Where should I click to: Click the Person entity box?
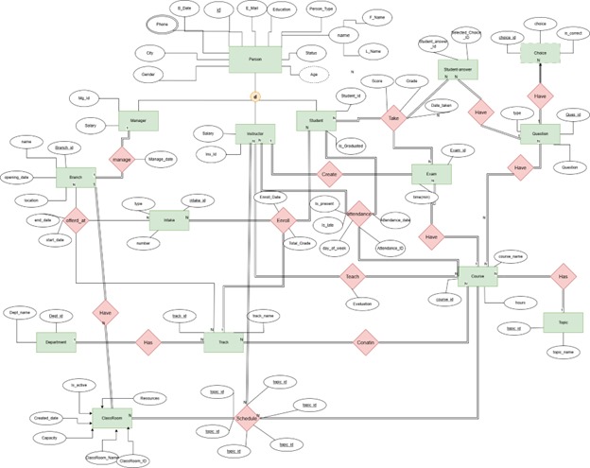pos(255,60)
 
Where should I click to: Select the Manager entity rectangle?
pos(135,121)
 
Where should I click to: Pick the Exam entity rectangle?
pos(431,176)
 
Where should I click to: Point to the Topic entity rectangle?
pos(562,321)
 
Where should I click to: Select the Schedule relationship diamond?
pos(247,419)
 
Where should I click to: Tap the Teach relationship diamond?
pos(352,277)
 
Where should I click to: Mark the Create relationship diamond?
pos(329,176)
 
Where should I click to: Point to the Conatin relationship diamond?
pos(367,341)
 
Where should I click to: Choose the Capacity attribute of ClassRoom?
pos(45,438)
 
